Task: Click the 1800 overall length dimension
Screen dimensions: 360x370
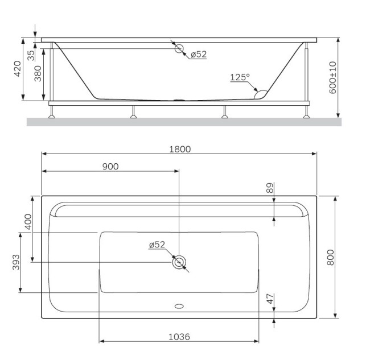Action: coord(179,149)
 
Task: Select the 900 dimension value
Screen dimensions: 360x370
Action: coord(110,166)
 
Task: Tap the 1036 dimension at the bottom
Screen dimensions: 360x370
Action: coord(179,337)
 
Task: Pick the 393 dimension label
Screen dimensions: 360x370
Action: coord(15,262)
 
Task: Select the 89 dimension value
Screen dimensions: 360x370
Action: coord(270,188)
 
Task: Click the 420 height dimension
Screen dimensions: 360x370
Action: coord(18,69)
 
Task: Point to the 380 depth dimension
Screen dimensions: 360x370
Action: coord(38,73)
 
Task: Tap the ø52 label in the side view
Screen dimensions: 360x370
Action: coord(198,55)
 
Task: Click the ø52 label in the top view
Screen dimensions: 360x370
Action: coord(157,245)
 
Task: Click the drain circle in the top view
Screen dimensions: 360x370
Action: coord(179,262)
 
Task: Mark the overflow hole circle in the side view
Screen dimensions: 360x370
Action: coord(179,49)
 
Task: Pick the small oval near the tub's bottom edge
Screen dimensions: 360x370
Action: coord(179,306)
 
